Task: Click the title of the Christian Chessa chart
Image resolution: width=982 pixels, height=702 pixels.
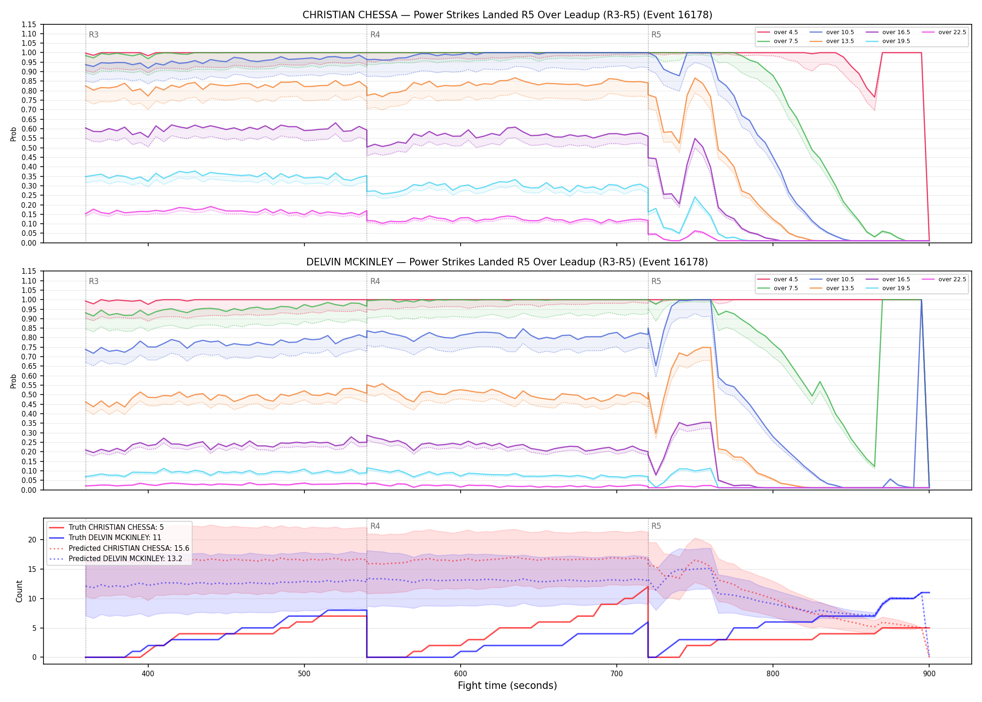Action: [x=507, y=15]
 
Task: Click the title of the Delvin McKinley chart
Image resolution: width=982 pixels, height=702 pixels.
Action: [x=507, y=262]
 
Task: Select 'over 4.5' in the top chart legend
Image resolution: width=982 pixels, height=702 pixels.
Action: [x=786, y=32]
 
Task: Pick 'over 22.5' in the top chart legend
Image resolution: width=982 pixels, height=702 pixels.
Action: [x=952, y=32]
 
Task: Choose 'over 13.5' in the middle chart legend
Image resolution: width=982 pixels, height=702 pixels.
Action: [x=840, y=288]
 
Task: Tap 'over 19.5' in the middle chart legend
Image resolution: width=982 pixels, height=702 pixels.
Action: [x=896, y=288]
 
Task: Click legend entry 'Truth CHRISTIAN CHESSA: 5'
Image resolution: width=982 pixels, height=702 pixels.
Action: [x=116, y=527]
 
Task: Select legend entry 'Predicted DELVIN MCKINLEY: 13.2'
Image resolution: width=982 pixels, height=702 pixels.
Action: [x=125, y=559]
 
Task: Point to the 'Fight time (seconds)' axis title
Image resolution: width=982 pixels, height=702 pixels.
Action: [x=507, y=686]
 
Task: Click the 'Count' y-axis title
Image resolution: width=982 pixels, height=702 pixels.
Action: [x=19, y=591]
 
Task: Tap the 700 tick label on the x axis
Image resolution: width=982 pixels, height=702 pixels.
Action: [x=617, y=673]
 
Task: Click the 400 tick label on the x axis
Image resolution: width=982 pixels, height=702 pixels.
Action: [x=148, y=673]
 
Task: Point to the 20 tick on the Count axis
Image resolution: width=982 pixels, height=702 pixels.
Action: [x=32, y=540]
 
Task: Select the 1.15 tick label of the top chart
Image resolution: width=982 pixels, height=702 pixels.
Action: [x=29, y=24]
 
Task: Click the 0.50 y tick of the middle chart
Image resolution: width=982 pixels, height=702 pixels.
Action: [x=29, y=395]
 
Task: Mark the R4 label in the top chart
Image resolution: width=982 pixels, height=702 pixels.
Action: [x=375, y=35]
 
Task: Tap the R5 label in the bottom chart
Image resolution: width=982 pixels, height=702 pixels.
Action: [x=656, y=526]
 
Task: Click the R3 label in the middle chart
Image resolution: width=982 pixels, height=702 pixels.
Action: [x=94, y=281]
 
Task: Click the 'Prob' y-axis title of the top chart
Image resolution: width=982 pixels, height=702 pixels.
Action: [x=14, y=134]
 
